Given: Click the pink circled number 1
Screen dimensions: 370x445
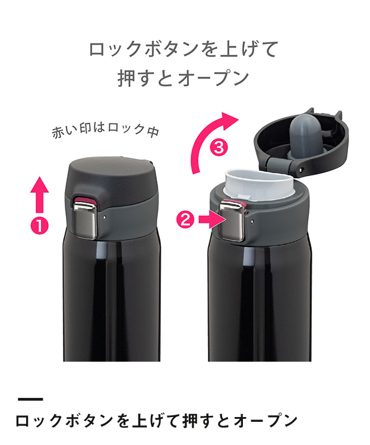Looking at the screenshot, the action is click(x=40, y=225).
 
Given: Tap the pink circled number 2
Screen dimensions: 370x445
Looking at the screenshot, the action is click(x=185, y=220).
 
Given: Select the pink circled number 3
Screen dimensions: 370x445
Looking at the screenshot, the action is click(x=219, y=148).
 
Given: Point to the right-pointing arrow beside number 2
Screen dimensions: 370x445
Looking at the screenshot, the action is click(x=211, y=220).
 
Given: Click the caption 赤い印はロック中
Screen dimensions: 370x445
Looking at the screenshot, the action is click(x=105, y=131).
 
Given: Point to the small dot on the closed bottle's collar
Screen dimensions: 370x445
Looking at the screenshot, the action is click(x=105, y=217).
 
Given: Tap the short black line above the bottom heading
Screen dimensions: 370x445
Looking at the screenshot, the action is click(x=30, y=399).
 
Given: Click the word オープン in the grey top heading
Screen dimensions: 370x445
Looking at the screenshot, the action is click(x=214, y=78).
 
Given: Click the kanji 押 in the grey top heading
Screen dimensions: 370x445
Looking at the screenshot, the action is click(x=127, y=78).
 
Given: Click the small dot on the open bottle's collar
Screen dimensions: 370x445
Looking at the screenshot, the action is click(x=252, y=220).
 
